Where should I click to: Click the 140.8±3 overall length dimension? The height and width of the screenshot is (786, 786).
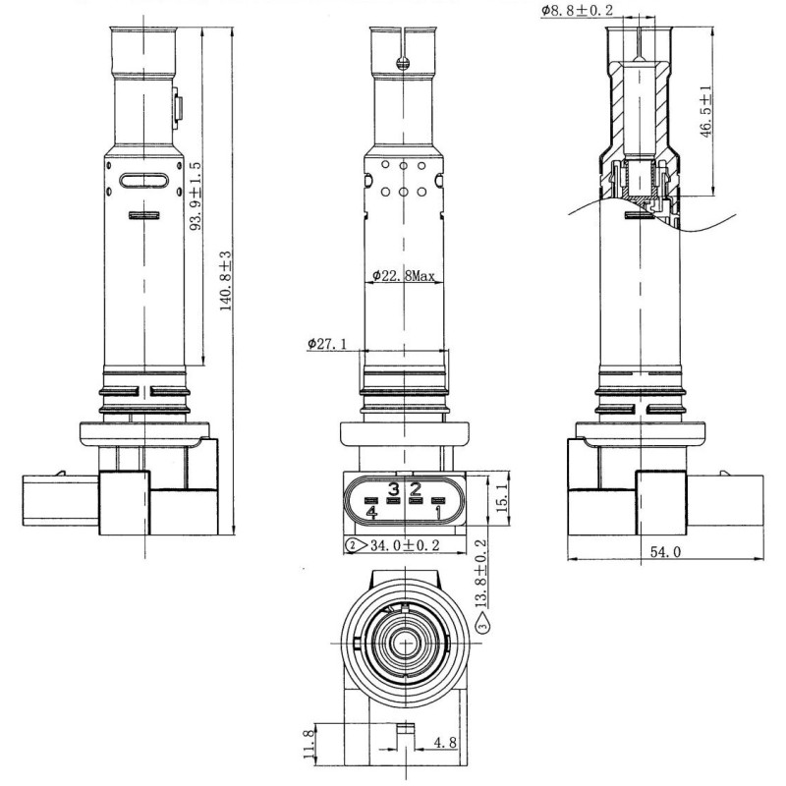225,281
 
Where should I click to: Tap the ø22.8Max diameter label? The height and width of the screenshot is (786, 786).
403,277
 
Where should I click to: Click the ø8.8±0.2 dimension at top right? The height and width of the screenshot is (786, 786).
580,11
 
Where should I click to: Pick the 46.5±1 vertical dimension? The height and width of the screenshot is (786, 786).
703,112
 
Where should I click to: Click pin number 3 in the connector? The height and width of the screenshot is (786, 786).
393,488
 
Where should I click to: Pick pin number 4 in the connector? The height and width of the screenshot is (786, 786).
370,512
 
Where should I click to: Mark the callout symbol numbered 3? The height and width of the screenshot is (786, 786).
481,623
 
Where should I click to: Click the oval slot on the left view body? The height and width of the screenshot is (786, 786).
142,182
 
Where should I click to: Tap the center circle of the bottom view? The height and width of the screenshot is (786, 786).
404,645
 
